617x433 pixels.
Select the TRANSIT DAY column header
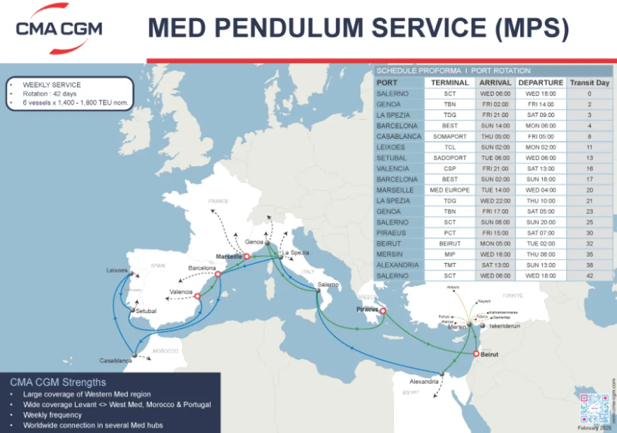coord(589,82)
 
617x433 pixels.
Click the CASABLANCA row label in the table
coord(398,136)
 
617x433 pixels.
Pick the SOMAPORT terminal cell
coord(450,136)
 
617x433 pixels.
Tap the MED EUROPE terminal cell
coord(450,190)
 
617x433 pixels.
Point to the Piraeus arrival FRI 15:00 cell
coord(495,233)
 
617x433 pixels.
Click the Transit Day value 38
coord(589,265)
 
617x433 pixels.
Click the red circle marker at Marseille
coord(246,256)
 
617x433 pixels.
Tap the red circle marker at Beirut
coord(476,353)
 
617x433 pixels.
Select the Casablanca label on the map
coord(116,361)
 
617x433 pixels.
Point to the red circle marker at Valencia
coord(197,295)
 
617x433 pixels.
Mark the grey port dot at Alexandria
coord(441,373)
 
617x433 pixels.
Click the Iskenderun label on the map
coord(503,326)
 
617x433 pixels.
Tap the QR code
coord(594,408)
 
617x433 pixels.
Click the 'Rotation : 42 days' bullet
coord(49,94)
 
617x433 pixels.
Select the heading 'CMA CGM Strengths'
coord(58,382)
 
